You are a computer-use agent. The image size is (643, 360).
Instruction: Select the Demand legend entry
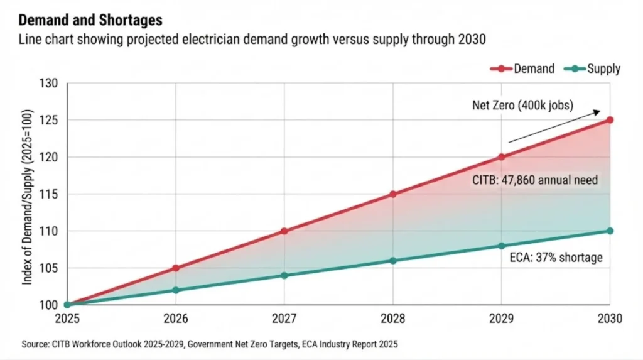coord(525,68)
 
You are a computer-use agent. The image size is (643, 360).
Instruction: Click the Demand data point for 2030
coord(610,119)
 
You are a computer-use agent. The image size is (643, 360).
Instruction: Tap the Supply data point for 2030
coord(610,231)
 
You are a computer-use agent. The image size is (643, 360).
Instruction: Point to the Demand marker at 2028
coord(393,194)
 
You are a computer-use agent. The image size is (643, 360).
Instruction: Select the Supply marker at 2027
coord(284,275)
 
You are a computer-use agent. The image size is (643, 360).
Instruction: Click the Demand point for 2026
coord(176,268)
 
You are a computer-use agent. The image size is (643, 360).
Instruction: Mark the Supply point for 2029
coord(501,246)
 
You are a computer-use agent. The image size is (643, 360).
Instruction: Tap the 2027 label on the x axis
coord(284,319)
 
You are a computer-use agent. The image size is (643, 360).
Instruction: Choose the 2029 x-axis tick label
coord(501,319)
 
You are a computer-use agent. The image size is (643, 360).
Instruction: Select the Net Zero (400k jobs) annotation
coord(522,105)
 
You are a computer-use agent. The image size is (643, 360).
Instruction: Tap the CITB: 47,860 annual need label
coord(534,180)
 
